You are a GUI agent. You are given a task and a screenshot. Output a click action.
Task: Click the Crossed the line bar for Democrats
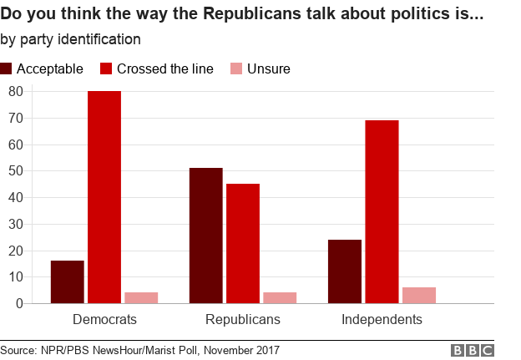click(x=104, y=197)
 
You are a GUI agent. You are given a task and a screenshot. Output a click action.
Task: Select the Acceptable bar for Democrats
click(x=67, y=282)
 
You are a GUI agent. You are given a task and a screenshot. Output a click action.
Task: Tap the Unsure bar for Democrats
click(x=141, y=297)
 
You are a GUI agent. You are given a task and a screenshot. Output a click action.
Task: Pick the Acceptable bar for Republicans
click(x=205, y=236)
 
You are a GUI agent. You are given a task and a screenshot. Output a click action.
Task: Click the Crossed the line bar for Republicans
click(x=243, y=244)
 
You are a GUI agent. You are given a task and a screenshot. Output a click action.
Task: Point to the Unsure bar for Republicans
click(x=280, y=297)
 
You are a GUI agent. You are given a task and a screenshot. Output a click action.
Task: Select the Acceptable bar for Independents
click(x=345, y=271)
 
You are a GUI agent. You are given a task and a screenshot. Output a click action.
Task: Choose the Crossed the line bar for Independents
click(x=382, y=212)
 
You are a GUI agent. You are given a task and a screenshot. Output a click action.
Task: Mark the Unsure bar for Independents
click(x=418, y=295)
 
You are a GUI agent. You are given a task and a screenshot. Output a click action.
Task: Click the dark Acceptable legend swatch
click(x=7, y=68)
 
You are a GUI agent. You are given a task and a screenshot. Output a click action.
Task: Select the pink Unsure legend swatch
click(x=234, y=68)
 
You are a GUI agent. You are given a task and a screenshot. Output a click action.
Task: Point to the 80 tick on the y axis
click(x=14, y=91)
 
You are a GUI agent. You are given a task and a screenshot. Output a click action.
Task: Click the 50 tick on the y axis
click(x=14, y=171)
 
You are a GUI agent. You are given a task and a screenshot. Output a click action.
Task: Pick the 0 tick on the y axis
click(x=18, y=304)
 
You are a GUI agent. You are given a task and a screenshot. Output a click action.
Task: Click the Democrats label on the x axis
click(x=104, y=320)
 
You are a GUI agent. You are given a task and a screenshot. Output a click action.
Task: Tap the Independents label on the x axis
click(x=382, y=320)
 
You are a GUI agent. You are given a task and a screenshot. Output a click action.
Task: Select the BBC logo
click(x=473, y=350)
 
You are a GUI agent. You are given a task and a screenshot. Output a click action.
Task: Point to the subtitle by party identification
click(x=70, y=39)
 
